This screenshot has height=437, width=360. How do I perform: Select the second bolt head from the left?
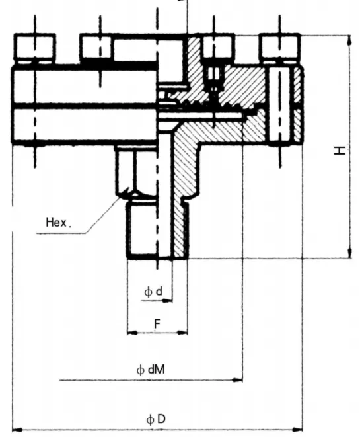click(x=98, y=47)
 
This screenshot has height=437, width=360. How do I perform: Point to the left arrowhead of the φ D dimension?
click(x=17, y=430)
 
